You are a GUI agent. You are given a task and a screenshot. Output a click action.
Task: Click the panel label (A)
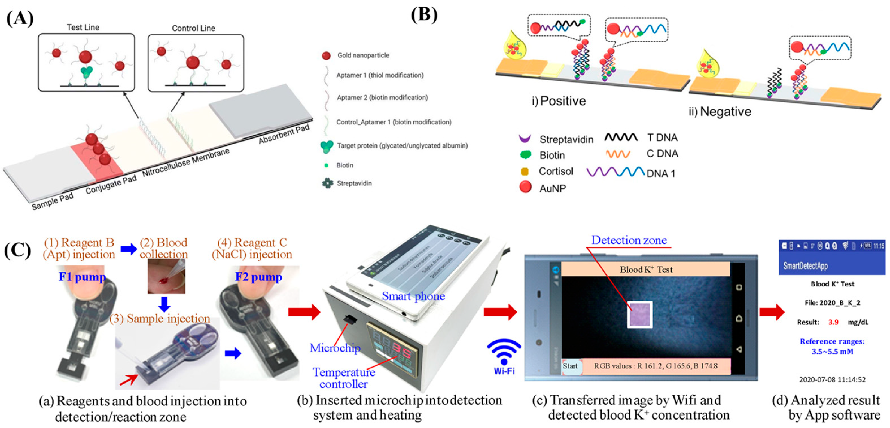20,19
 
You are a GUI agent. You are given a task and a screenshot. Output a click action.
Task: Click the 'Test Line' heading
83,27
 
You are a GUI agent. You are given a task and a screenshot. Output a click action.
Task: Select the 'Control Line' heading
194,28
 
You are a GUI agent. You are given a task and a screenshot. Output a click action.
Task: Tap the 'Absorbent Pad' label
284,134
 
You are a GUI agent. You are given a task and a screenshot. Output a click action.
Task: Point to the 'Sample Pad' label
53,201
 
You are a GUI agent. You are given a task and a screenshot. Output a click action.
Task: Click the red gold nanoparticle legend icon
326,55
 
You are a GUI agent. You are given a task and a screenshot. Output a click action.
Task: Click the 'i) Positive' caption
559,101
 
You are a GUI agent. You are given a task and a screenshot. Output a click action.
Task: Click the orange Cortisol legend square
524,172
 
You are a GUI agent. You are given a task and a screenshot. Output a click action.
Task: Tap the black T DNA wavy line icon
620,138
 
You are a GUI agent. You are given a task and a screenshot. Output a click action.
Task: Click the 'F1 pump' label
82,277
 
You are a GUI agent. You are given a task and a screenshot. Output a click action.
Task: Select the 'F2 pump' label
258,277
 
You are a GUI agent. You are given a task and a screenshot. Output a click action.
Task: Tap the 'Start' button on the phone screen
570,366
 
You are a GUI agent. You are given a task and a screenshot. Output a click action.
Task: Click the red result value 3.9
833,322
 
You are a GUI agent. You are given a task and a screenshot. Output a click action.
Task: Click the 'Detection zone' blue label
629,240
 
